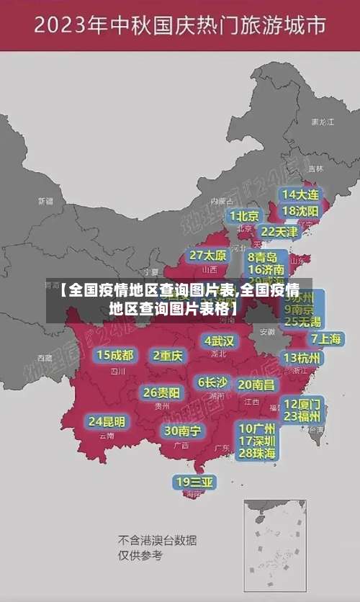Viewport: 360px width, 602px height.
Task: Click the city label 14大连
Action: [x=300, y=194]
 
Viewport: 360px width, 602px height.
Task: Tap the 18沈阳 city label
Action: [x=300, y=211]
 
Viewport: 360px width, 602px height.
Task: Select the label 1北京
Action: [x=245, y=215]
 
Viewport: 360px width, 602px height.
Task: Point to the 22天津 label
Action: [x=278, y=232]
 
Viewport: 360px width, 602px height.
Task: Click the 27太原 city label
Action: [x=207, y=256]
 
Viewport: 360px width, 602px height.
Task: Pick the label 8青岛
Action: [x=262, y=257]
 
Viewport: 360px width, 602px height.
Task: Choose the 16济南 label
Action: [x=266, y=270]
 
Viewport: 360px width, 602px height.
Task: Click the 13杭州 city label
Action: [x=302, y=358]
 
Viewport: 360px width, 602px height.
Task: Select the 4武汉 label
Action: [x=219, y=341]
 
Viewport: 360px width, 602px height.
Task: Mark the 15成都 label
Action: [x=114, y=355]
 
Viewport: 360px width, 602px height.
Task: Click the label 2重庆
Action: [x=168, y=355]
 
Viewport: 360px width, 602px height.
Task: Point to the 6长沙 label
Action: [x=212, y=382]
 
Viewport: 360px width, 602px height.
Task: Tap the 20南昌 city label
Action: [x=256, y=385]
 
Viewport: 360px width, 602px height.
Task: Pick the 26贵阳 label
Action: [x=161, y=393]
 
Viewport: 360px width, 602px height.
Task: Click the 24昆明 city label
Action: [x=107, y=421]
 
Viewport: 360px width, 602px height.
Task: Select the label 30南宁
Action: [x=182, y=431]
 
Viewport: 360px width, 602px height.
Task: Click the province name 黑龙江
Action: [x=323, y=122]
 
